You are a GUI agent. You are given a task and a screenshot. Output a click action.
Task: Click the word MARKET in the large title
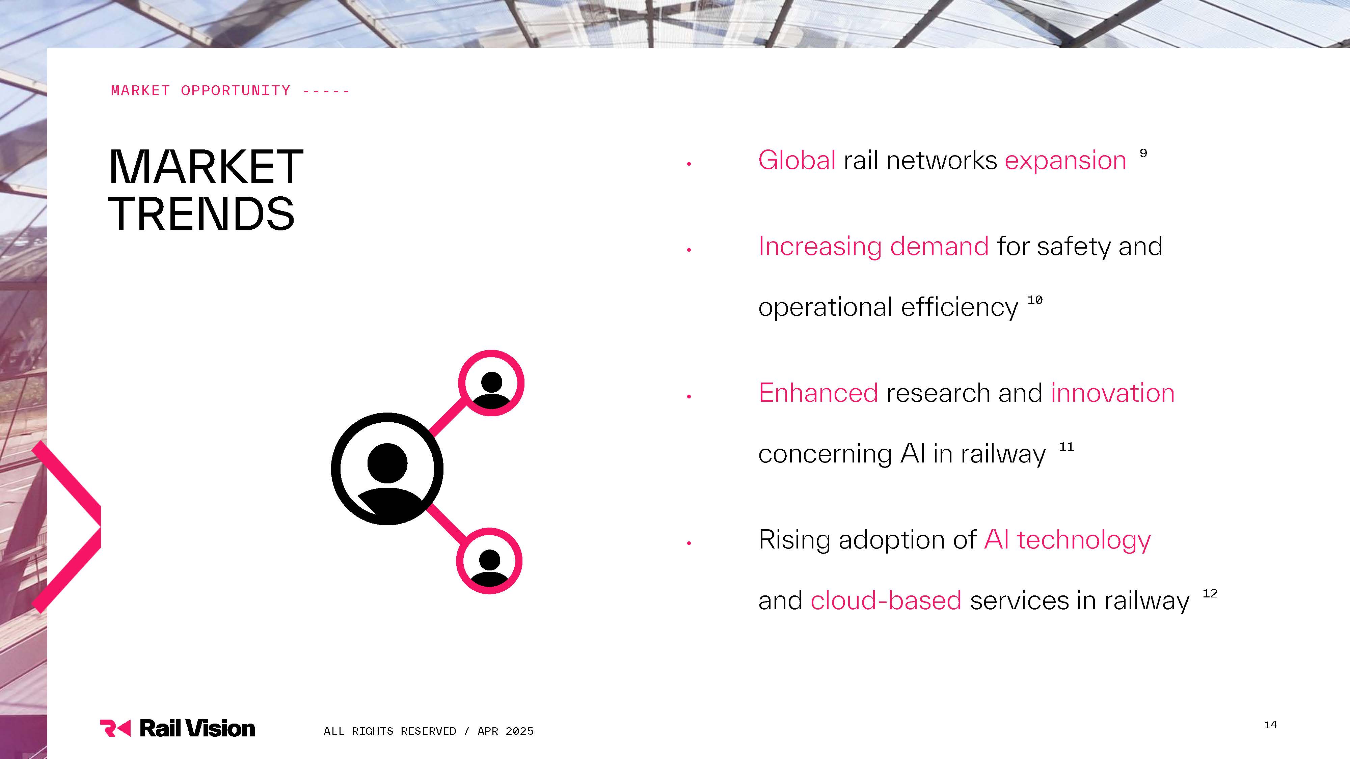[x=206, y=167]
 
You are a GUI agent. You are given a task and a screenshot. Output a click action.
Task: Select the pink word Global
[x=796, y=160]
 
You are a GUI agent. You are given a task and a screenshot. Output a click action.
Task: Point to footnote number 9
[x=1143, y=153]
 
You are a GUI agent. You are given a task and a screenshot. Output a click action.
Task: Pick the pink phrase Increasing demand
[x=874, y=247]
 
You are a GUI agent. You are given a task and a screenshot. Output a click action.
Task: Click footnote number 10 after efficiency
[x=1035, y=300]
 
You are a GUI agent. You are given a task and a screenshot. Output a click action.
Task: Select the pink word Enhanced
[x=818, y=393]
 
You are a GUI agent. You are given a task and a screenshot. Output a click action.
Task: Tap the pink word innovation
[x=1113, y=393]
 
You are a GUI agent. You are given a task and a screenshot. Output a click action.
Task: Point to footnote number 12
[x=1210, y=593]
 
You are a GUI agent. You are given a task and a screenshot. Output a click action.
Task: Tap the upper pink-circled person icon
[x=491, y=383]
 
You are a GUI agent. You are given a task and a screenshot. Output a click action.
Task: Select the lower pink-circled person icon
[x=489, y=561]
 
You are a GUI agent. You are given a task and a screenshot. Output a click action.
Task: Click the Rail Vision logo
[x=177, y=728]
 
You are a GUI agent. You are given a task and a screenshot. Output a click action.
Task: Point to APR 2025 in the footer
[x=506, y=731]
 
